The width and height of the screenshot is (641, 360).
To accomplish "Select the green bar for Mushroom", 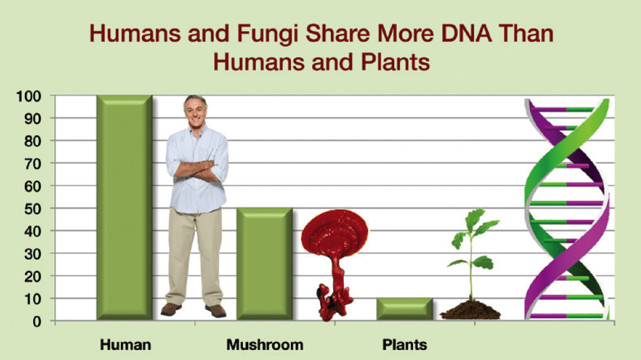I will (265, 264).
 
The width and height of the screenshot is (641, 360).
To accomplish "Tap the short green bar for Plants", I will (405, 310).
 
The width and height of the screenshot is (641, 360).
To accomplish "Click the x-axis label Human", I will (126, 344).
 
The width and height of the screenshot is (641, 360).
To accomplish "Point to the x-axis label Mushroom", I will (265, 344).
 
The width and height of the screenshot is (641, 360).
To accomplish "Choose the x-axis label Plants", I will (405, 344).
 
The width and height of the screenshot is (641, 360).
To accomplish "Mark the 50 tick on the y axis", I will (36, 209).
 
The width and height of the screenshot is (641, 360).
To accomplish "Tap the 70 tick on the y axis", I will (36, 163).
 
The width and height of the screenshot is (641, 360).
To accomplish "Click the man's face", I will (195, 111).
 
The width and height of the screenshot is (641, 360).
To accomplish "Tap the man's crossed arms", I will (196, 169).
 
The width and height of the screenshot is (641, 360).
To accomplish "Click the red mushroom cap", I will (335, 233).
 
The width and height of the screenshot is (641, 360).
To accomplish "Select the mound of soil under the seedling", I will (470, 311).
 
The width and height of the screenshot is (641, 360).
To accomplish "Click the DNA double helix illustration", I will (566, 209).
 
